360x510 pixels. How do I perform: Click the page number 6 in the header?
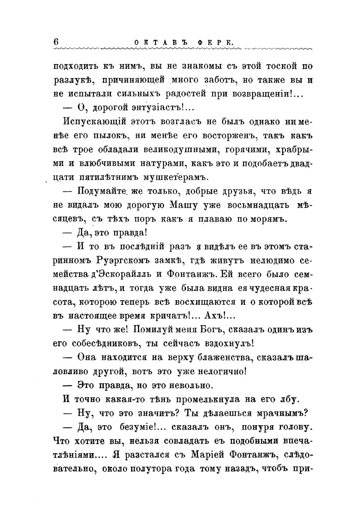point(56,42)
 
